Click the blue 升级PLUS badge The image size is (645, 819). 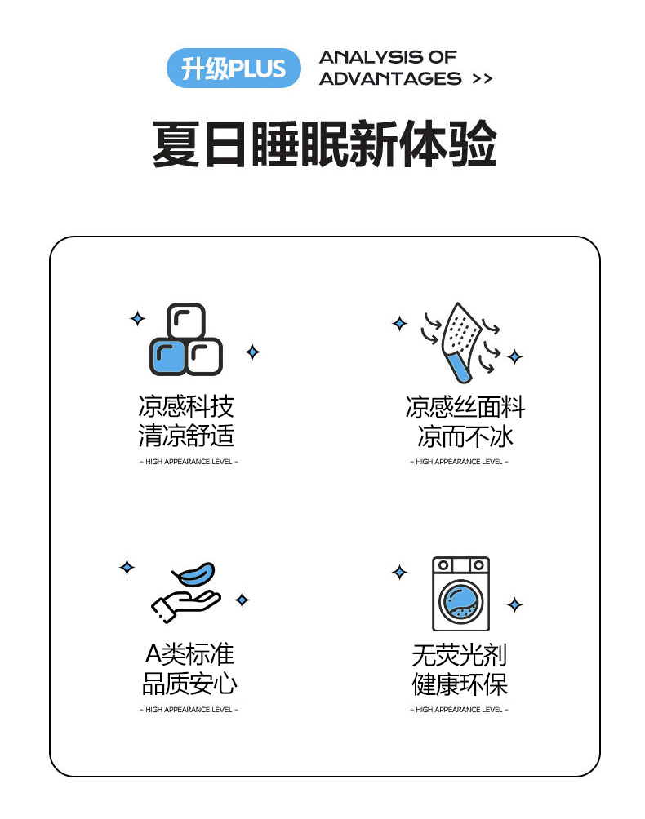[234, 68]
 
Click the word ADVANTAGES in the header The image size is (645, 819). [390, 79]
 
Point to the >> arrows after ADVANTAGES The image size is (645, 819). [482, 79]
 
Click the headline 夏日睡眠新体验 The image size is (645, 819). [324, 144]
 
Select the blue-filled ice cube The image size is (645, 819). [167, 357]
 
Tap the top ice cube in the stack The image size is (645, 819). [186, 321]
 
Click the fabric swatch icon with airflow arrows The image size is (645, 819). [460, 342]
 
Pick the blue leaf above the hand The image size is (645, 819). [193, 574]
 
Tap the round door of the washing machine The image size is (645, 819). [460, 602]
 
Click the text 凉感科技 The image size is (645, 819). [186, 406]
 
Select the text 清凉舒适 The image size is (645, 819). [186, 436]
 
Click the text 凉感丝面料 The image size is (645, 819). [465, 407]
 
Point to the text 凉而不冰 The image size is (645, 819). [465, 436]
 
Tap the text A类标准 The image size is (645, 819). [189, 654]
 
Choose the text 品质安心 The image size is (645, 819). [189, 684]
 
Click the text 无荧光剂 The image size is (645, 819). [460, 655]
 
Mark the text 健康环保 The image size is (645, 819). [460, 684]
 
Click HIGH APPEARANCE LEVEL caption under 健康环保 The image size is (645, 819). [459, 710]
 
